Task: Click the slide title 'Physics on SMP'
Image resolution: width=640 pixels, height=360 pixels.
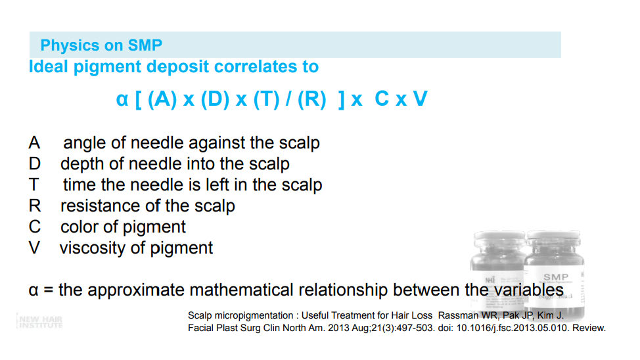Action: coord(101,45)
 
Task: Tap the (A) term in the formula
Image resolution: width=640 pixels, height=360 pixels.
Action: coord(162,99)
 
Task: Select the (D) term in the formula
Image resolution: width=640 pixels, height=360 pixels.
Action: coord(215,99)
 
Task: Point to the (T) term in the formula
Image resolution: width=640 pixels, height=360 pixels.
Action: coord(267,99)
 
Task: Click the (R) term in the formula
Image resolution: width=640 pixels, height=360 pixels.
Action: coord(312,99)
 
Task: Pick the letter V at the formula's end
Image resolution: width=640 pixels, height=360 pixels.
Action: coord(420,99)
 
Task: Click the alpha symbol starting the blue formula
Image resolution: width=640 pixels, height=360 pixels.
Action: coord(122,99)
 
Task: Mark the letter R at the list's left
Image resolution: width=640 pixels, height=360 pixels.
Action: coord(35,206)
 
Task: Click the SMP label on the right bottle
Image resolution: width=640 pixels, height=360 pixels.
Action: coord(555,277)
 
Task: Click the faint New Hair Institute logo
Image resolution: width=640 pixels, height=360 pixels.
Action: coord(39,322)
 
